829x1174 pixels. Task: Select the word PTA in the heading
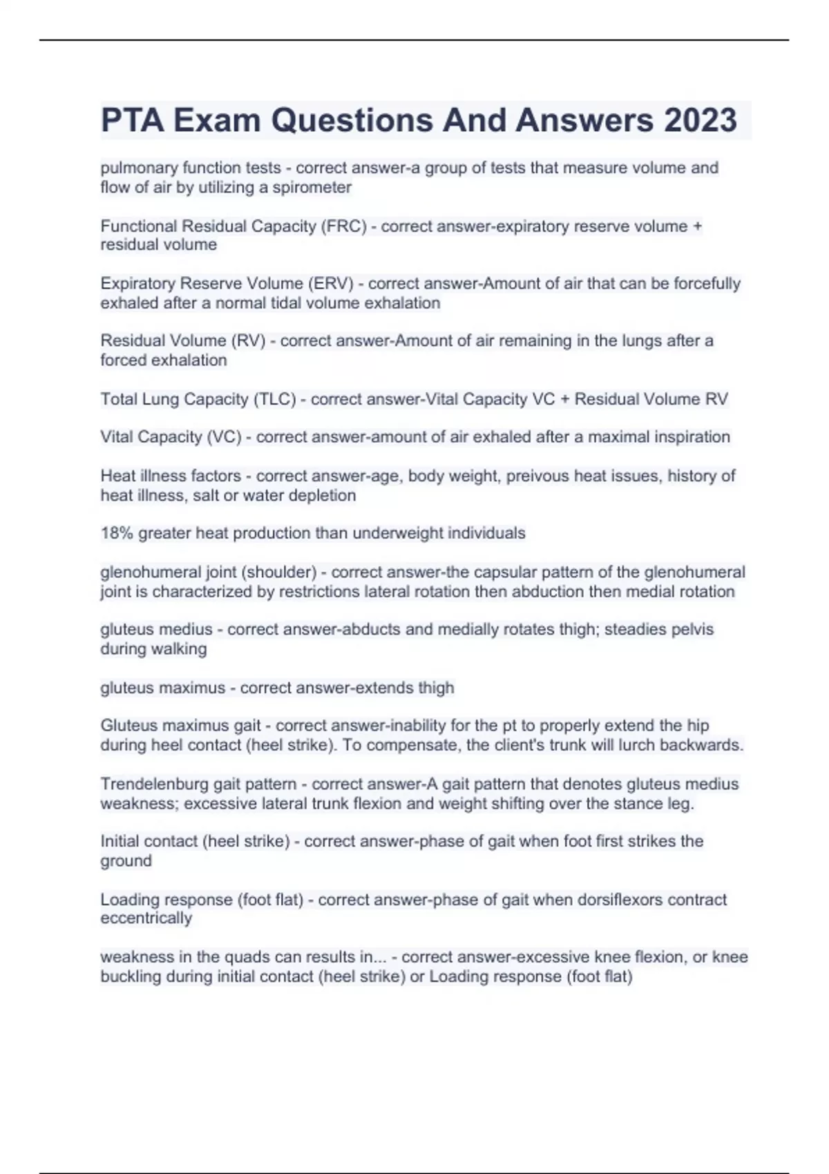click(132, 120)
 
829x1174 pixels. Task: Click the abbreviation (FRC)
click(343, 226)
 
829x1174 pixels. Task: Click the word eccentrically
click(146, 918)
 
